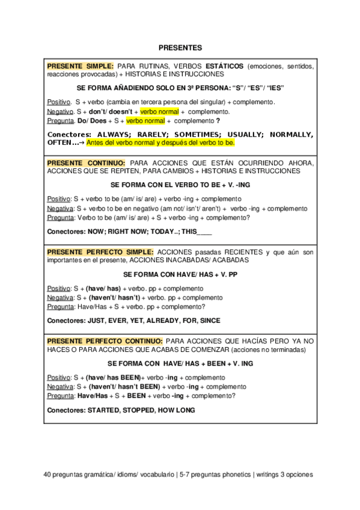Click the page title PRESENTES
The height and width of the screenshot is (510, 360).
pos(180,46)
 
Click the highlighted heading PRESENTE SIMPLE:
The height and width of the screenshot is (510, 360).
pos(80,65)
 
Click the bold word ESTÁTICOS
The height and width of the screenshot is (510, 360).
pos(223,65)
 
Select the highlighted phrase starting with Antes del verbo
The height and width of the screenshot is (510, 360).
pos(160,144)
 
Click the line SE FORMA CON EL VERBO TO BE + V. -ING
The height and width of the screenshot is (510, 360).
pos(180,185)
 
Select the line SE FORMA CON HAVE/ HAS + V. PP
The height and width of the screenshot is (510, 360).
pos(180,274)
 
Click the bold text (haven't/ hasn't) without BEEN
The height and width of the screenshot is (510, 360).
pos(113,297)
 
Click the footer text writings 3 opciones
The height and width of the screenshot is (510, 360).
pos(285,474)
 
